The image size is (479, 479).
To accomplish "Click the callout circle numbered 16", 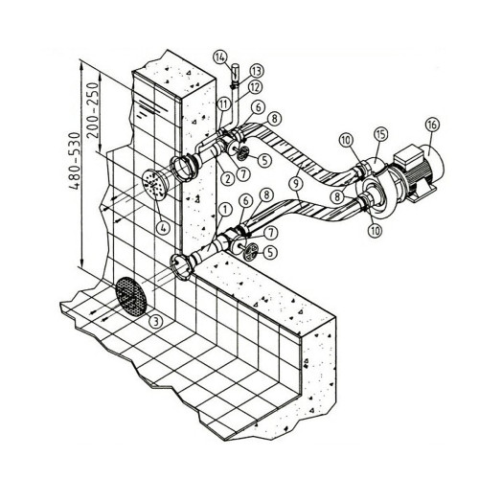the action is coord(432,125).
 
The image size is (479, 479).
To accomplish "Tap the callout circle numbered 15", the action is coord(381,134).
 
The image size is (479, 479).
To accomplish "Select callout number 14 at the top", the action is coord(220,57).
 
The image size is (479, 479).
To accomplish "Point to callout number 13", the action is coord(257,71).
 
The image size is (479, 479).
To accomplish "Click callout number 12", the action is coord(255,88).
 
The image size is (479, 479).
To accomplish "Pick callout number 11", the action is coord(224,104).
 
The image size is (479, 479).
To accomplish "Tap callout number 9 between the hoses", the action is coord(297,184).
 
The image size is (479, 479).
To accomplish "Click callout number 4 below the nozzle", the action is coord(163,228).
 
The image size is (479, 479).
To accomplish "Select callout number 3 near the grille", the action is coord(156,322).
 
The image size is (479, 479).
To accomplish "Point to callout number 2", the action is coord(227,178).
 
